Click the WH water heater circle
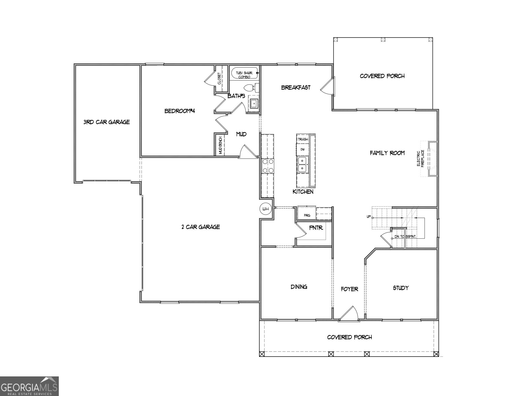tap(265, 209)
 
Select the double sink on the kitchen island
tap(302, 164)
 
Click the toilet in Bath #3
tap(251, 88)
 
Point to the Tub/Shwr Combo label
tap(244, 75)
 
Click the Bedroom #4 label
tap(180, 111)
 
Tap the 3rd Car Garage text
tap(106, 122)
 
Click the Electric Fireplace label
tap(420, 158)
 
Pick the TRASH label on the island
tap(303, 139)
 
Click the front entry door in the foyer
tap(349, 314)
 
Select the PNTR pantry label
tap(316, 228)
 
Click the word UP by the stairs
tap(369, 217)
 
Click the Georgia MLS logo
tap(29, 386)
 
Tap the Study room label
tap(401, 288)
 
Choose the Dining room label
tap(299, 287)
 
